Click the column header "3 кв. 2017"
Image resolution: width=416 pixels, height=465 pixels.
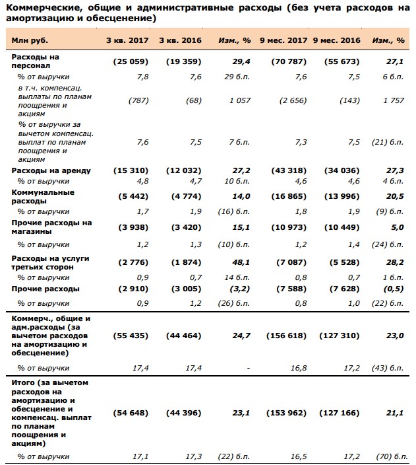tap(127, 40)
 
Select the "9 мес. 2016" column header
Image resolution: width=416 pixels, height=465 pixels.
tap(337, 40)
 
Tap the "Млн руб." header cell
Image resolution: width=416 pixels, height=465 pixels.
tap(30, 41)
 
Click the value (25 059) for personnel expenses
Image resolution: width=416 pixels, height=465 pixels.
tap(131, 61)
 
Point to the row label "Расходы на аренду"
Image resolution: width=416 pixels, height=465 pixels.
tap(51, 171)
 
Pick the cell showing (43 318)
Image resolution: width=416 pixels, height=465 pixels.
tap(289, 171)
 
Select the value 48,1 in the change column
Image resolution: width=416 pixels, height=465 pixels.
tap(241, 262)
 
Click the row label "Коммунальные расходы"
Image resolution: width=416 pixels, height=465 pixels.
tap(43, 197)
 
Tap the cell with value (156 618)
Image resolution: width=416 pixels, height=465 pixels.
tap(286, 336)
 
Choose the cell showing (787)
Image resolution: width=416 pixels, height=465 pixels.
tap(138, 101)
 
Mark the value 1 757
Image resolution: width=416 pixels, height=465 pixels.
tap(394, 101)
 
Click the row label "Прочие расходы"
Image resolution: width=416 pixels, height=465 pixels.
tap(45, 289)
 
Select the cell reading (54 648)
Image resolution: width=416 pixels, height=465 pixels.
tap(131, 413)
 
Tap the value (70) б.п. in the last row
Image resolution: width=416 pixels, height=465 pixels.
tap(392, 456)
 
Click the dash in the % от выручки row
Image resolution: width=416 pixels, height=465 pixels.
tap(248, 369)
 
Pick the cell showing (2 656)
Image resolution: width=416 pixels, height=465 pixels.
tap(293, 101)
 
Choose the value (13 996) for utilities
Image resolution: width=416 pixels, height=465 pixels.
tap(342, 197)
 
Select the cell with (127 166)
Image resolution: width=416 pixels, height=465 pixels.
tap(340, 413)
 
